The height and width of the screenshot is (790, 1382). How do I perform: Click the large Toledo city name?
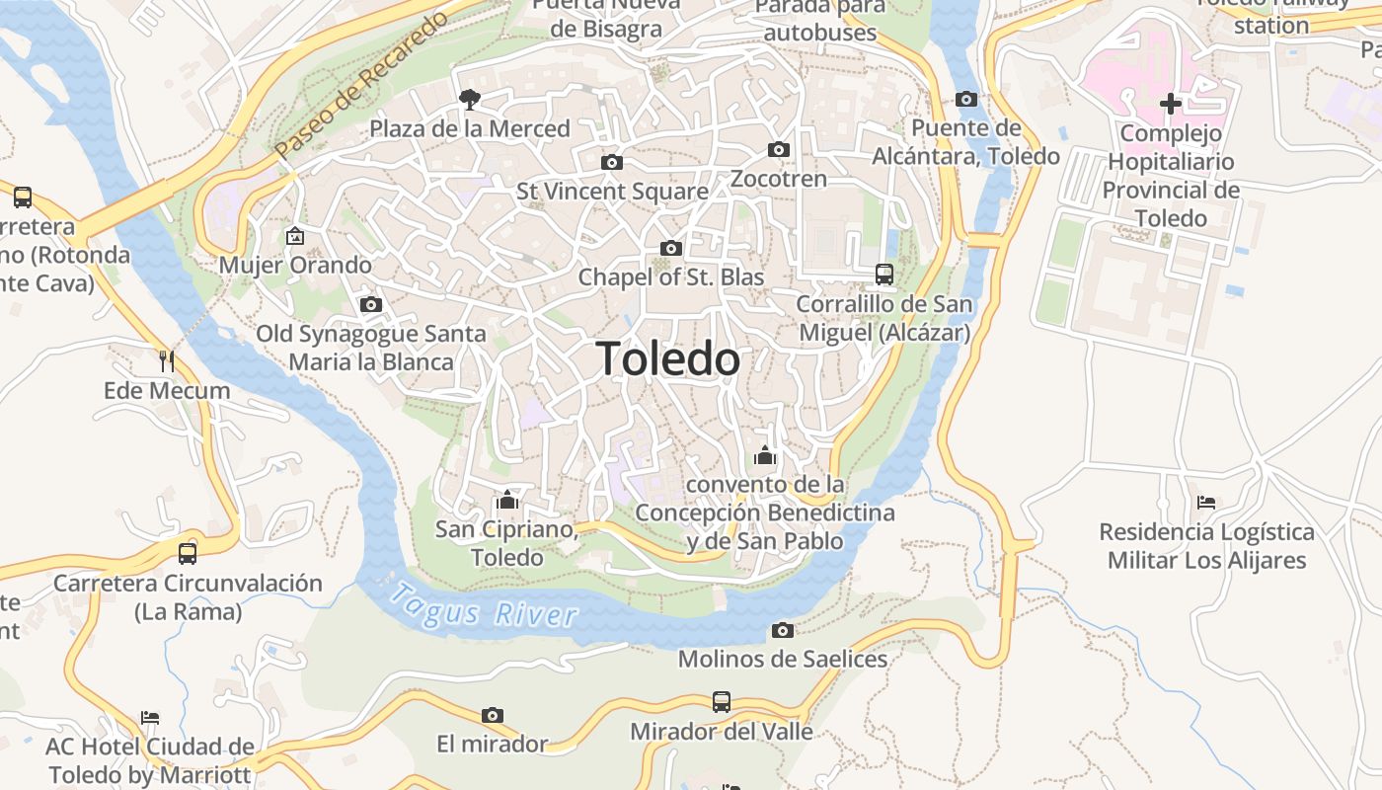click(x=668, y=359)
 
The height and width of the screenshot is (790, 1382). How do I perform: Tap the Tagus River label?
click(x=483, y=605)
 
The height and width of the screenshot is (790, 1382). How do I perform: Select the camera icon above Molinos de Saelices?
click(x=783, y=630)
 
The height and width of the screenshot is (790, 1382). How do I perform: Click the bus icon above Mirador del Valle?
click(x=722, y=702)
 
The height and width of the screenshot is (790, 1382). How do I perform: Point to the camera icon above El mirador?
click(x=492, y=715)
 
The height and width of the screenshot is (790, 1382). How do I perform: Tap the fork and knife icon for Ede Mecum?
click(x=167, y=361)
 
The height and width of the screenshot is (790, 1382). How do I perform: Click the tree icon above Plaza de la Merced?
click(x=469, y=98)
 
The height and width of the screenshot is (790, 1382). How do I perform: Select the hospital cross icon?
click(x=1171, y=103)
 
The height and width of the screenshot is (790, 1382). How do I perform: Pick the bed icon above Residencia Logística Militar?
click(x=1205, y=503)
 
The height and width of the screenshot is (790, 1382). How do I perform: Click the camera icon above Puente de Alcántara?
click(x=966, y=99)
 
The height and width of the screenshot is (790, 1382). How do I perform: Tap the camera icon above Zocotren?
click(x=779, y=150)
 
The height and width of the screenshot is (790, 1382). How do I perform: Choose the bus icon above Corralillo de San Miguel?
click(x=884, y=274)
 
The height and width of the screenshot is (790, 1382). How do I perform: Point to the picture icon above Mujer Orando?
click(x=294, y=236)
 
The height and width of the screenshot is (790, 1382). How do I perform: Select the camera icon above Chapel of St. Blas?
click(x=671, y=248)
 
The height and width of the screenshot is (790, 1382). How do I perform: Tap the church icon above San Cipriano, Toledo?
click(x=507, y=500)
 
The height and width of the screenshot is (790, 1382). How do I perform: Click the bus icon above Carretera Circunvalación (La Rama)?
click(x=188, y=553)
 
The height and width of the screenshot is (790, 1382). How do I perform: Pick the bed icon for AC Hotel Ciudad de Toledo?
click(x=150, y=717)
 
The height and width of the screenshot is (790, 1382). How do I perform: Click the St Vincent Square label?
click(x=612, y=192)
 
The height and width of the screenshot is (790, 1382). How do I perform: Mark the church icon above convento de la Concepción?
click(x=765, y=455)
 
